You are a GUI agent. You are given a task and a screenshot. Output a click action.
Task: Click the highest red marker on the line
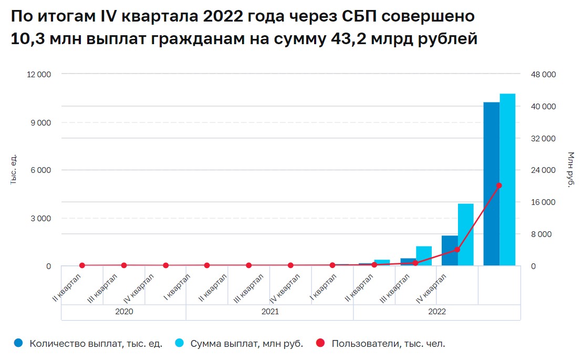click(499, 186)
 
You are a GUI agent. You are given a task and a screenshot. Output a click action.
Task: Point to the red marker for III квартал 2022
click(457, 250)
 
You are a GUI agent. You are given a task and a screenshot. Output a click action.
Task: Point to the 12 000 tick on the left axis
click(39, 75)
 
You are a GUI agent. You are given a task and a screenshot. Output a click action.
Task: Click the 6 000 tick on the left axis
click(41, 170)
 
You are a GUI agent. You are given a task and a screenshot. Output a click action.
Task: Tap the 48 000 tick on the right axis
click(542, 75)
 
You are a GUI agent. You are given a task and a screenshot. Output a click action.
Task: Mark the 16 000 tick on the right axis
click(542, 202)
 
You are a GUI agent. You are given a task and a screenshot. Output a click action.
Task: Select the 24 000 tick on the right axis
click(542, 170)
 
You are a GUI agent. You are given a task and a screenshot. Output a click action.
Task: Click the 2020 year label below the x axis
click(123, 312)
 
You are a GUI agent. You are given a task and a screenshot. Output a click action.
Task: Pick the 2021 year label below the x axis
click(269, 312)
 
